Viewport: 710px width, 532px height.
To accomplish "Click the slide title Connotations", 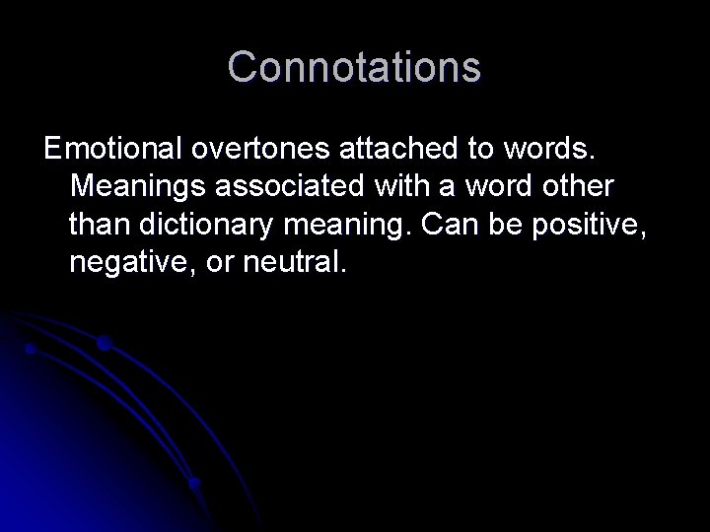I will tap(355, 68).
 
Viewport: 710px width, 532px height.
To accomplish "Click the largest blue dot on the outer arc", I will tap(104, 344).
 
